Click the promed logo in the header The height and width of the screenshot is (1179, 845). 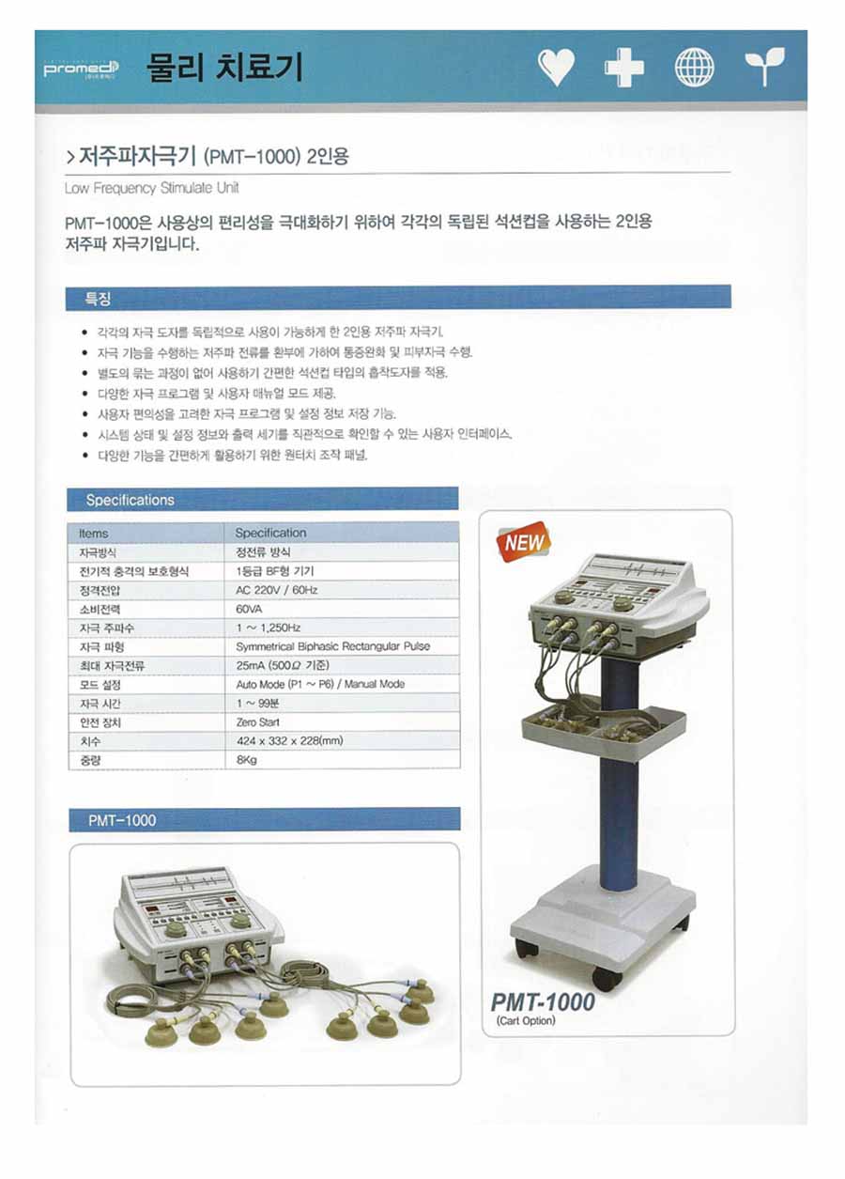pyautogui.click(x=81, y=70)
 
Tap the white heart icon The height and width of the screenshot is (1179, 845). pyautogui.click(x=556, y=68)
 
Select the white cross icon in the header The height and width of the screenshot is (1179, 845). pyautogui.click(x=624, y=68)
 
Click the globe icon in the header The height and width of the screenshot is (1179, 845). pyautogui.click(x=695, y=68)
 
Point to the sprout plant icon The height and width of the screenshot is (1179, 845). pyautogui.click(x=764, y=67)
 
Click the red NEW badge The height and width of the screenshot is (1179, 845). pyautogui.click(x=524, y=542)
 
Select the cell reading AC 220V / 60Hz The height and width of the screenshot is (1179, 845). pyautogui.click(x=342, y=590)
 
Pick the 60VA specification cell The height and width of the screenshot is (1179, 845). pyautogui.click(x=342, y=609)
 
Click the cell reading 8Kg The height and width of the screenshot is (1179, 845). pyautogui.click(x=342, y=759)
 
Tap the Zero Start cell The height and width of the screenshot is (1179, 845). pyautogui.click(x=342, y=722)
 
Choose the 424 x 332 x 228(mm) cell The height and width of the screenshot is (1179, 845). pyautogui.click(x=342, y=740)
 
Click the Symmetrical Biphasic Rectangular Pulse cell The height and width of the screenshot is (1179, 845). pyautogui.click(x=342, y=646)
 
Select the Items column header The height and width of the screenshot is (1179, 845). pyautogui.click(x=146, y=534)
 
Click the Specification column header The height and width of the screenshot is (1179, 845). pyautogui.click(x=342, y=533)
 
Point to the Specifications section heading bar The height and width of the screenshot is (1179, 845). pyautogui.click(x=263, y=500)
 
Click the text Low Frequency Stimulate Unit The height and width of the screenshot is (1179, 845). pyautogui.click(x=151, y=188)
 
